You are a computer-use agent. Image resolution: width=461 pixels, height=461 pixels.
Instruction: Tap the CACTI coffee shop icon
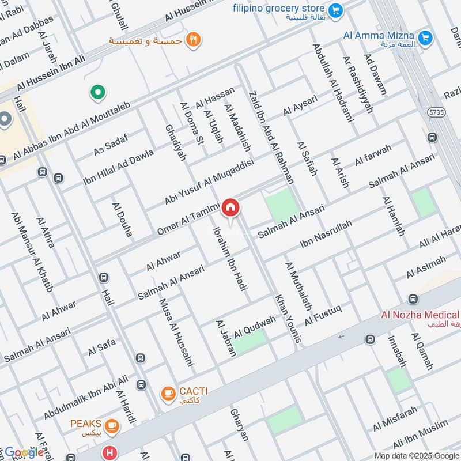point(168,394)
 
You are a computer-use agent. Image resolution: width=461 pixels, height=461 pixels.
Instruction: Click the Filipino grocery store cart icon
point(335,10)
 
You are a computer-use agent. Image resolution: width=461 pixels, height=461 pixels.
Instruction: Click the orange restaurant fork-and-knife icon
point(194,40)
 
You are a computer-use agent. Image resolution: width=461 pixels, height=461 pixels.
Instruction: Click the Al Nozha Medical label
point(420,315)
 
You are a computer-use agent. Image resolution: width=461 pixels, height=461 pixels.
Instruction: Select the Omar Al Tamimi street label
point(188,218)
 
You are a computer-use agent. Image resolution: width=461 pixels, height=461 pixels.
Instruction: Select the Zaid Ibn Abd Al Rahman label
point(271,137)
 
